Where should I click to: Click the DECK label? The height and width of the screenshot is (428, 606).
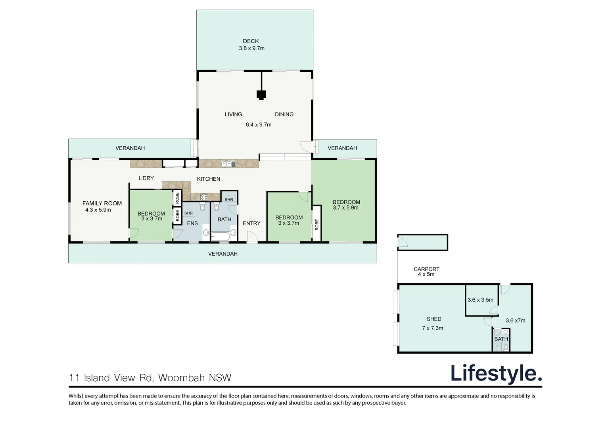coord(251,41)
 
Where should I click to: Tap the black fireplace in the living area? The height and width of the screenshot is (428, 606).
coord(261,95)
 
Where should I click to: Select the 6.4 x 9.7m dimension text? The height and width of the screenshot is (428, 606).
coord(258,125)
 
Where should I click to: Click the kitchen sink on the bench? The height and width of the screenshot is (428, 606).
coord(228,164)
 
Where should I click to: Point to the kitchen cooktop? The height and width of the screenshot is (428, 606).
coord(204,197)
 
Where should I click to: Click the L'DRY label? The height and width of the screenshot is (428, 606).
coord(146,178)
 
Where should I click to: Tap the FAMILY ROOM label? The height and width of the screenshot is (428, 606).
coord(102,203)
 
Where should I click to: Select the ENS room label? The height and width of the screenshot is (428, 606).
coord(192,224)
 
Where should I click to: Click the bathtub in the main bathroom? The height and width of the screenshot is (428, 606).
coord(221,237)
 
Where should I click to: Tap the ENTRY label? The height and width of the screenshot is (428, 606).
coord(251,224)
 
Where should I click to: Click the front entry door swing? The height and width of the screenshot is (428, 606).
coord(252,237)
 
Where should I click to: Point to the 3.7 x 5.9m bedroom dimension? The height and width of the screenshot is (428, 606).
coord(345,208)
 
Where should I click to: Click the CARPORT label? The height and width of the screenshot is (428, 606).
coord(427,269)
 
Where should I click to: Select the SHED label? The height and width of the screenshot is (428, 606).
coord(434,319)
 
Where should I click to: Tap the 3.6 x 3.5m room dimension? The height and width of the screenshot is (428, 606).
coord(480,300)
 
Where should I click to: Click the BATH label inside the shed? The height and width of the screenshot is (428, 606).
coord(501,339)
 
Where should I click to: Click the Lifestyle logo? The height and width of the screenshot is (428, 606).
coord(496,374)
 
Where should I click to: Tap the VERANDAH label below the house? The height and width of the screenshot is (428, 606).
coord(222,254)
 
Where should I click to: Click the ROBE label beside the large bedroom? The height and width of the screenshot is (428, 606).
coord(317,225)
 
